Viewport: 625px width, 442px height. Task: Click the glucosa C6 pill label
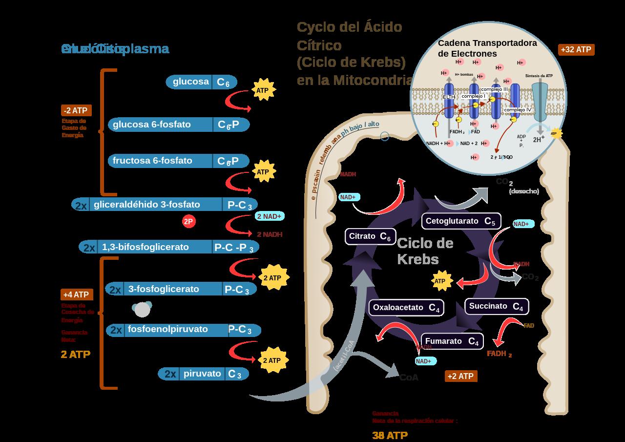201,82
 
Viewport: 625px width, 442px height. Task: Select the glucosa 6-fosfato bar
179,125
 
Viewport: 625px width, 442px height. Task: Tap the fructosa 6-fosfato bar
179,161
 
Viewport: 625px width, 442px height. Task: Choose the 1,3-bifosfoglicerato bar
169,247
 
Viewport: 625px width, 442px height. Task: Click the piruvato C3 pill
203,374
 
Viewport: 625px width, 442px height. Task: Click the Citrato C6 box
370,237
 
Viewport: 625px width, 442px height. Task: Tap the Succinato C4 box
496,306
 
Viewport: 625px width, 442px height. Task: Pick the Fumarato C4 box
452,341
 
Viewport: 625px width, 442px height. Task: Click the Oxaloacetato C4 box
406,308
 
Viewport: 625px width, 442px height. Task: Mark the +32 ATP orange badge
576,49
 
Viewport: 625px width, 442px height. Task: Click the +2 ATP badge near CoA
461,376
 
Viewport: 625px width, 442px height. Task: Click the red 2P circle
188,222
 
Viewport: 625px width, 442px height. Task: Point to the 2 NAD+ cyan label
270,216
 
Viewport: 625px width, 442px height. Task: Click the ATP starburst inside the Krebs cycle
440,281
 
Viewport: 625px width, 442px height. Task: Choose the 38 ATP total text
390,435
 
